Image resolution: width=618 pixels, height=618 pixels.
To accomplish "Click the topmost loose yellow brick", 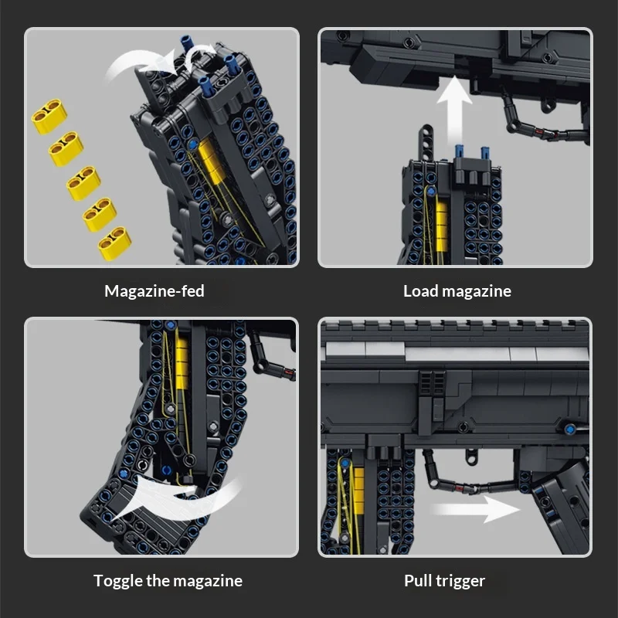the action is (49, 116).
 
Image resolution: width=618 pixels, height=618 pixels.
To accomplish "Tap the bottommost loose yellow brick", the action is (114, 243).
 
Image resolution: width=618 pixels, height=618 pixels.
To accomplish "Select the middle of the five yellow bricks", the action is (83, 183).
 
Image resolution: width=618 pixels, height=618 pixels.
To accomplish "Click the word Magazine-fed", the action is (154, 291).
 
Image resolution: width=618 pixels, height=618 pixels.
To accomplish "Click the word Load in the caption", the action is (420, 291).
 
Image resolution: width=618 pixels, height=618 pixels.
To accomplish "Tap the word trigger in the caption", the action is (460, 582).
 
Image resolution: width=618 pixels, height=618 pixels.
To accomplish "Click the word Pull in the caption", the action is (418, 581).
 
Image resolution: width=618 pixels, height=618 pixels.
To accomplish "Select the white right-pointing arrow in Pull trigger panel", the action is (475, 509).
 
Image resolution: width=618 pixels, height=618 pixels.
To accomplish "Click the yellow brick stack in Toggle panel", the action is (182, 362).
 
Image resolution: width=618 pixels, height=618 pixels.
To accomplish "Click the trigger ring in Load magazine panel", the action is (546, 106).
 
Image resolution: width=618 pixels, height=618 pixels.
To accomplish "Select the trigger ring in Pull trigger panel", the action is (471, 457).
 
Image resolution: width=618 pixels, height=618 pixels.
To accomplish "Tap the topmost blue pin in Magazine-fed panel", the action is (187, 43).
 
